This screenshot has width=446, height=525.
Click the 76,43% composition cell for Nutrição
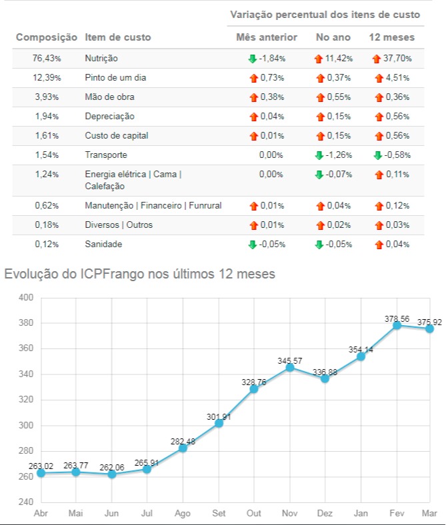tap(46, 59)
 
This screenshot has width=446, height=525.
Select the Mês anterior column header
tap(267, 37)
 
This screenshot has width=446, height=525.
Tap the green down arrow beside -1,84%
tap(252, 59)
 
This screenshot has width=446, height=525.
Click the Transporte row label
tap(106, 155)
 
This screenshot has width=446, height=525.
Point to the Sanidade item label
tap(103, 245)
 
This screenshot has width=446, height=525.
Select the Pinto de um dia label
tap(115, 78)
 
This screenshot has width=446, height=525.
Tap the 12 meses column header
tap(391, 37)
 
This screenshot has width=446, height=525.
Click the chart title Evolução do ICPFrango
tap(139, 273)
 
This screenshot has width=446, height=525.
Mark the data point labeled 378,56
tap(397, 325)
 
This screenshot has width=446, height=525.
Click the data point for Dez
tap(325, 378)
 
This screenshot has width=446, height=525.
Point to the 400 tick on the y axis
tap(25, 298)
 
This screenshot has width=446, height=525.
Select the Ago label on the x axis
tap(183, 514)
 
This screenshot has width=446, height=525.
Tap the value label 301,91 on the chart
tap(218, 418)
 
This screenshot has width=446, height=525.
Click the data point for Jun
tap(112, 474)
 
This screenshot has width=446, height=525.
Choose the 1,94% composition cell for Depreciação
tap(46, 117)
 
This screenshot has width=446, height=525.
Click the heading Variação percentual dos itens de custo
tap(325, 14)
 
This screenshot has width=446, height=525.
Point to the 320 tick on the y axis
tap(25, 400)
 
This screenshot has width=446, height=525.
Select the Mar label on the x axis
tap(429, 514)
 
